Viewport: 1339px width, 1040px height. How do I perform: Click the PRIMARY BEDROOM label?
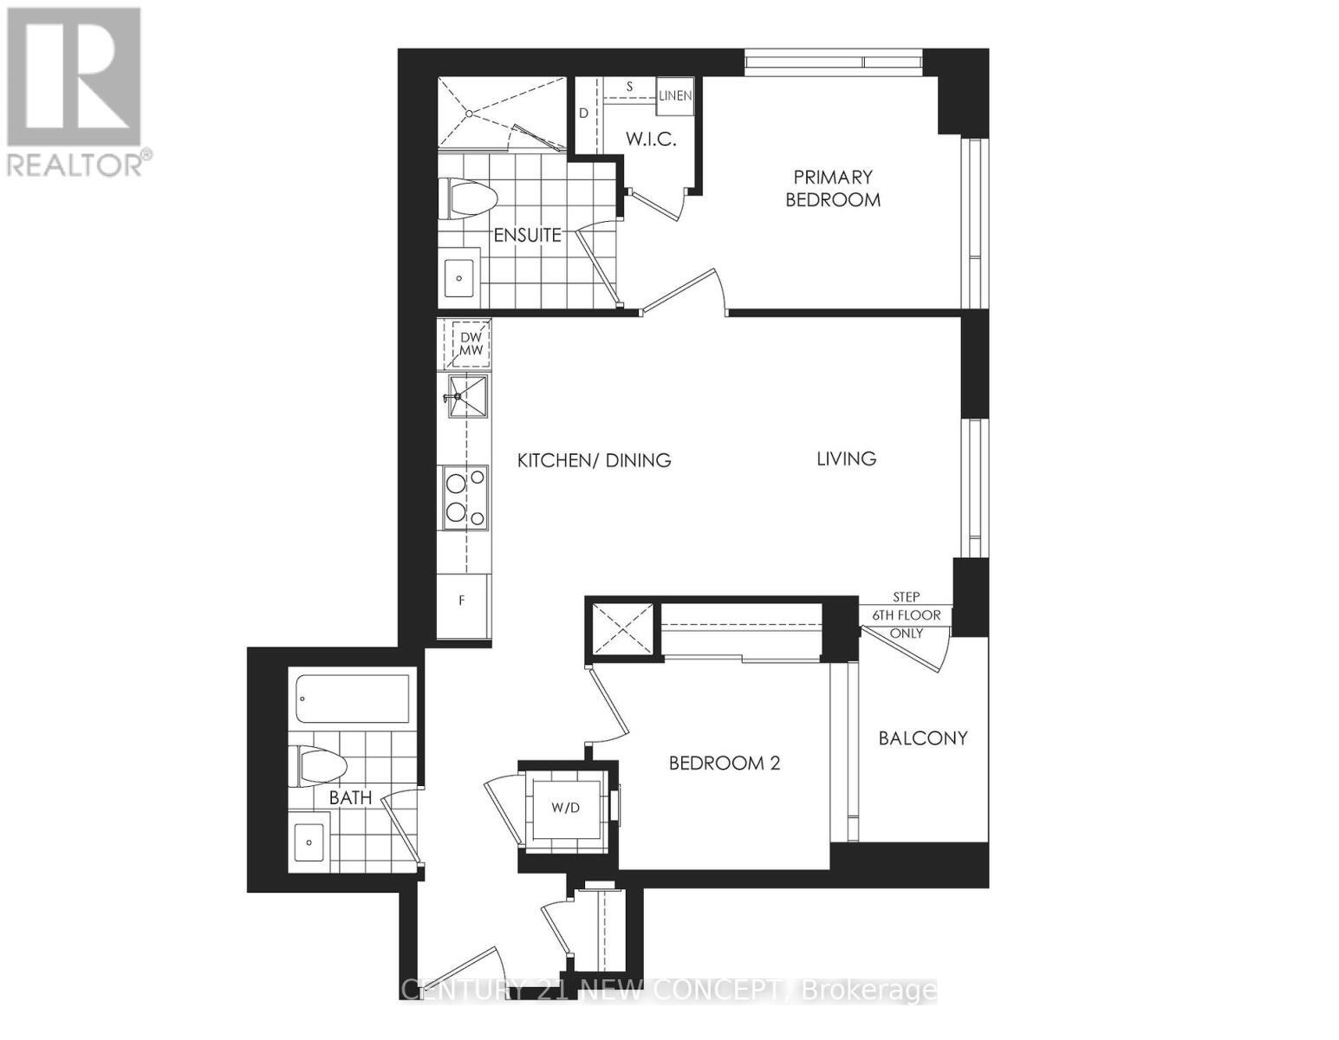click(x=832, y=188)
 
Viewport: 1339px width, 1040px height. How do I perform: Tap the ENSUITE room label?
click(x=527, y=235)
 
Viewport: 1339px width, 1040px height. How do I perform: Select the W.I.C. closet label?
click(x=650, y=139)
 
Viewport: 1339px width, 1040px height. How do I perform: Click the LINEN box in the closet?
click(x=675, y=95)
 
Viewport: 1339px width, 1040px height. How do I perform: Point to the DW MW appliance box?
click(x=471, y=343)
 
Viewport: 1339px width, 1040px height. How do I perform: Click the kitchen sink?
click(x=468, y=397)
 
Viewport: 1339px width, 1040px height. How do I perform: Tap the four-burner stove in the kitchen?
click(x=465, y=497)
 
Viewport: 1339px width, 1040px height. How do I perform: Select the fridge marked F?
click(x=463, y=600)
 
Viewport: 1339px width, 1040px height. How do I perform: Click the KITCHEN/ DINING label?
click(x=594, y=460)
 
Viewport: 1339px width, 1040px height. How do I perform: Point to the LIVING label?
click(x=846, y=458)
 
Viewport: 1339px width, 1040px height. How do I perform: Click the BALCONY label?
click(x=922, y=738)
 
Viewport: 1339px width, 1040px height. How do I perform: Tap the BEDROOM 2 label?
click(x=725, y=763)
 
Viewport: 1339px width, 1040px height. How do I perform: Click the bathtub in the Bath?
click(x=353, y=699)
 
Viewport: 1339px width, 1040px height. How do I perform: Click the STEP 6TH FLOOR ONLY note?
click(x=907, y=615)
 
